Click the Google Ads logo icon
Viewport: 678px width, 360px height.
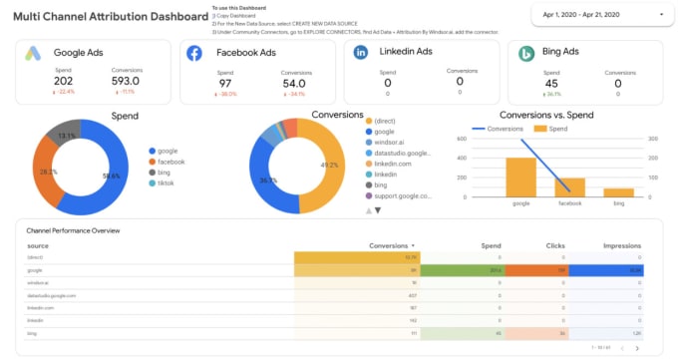pyautogui.click(x=34, y=54)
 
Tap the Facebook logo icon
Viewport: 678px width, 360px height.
pyautogui.click(x=194, y=54)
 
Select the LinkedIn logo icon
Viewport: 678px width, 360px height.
pyautogui.click(x=360, y=53)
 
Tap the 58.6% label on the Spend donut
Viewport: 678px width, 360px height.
pyautogui.click(x=111, y=176)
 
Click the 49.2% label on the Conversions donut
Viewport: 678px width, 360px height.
pyautogui.click(x=328, y=166)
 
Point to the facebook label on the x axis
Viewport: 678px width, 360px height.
pyautogui.click(x=570, y=203)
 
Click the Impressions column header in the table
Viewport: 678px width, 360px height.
pyautogui.click(x=621, y=245)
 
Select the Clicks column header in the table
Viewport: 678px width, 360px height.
pyautogui.click(x=555, y=245)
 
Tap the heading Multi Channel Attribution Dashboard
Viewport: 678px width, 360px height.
pyautogui.click(x=105, y=17)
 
